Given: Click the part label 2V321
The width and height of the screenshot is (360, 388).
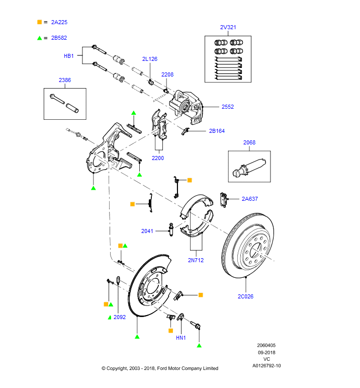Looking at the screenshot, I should tap(228, 27).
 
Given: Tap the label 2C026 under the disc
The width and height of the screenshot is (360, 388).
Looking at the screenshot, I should tap(245, 296).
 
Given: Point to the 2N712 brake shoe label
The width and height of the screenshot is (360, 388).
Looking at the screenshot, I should tap(196, 260).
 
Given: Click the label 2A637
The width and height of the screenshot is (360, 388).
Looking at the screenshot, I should tap(249, 199).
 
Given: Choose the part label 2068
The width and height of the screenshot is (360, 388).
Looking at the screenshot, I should tap(249, 142).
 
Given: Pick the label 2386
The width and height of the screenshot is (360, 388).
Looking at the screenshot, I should tap(65, 80).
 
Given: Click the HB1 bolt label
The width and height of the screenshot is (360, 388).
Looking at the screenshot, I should tap(68, 56).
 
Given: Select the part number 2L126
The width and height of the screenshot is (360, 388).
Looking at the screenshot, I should tap(149, 59).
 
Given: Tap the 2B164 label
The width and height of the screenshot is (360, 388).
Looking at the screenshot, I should tap(217, 131).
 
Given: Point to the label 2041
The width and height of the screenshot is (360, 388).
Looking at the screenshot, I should tap(147, 231).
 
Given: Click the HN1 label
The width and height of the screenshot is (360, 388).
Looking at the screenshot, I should tap(181, 338).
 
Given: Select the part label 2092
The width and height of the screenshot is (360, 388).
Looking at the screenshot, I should tap(119, 317).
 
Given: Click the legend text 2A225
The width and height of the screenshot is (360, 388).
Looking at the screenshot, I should tap(59, 22).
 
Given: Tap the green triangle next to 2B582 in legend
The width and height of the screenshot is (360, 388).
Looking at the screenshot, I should tap(39, 37).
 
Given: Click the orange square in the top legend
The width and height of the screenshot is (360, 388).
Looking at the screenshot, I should tap(39, 22).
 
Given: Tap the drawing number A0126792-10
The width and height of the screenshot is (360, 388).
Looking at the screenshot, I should tap(266, 365).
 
